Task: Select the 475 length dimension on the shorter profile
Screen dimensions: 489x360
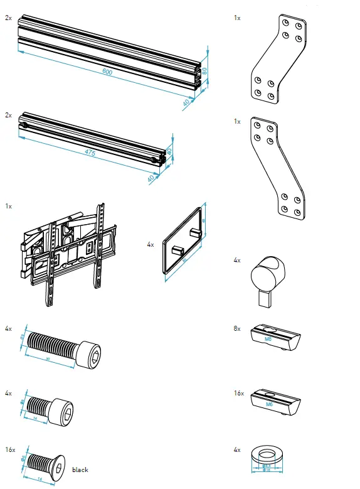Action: [91, 153]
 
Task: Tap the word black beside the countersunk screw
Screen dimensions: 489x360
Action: [80, 470]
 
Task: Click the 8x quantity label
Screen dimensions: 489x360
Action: [236, 328]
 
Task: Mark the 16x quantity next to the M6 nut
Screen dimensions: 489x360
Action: [238, 392]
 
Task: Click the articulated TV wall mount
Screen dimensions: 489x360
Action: [68, 251]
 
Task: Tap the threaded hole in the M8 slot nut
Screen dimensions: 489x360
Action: [268, 330]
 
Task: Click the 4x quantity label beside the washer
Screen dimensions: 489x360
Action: [236, 450]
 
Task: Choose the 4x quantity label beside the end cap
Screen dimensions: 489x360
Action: [151, 244]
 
